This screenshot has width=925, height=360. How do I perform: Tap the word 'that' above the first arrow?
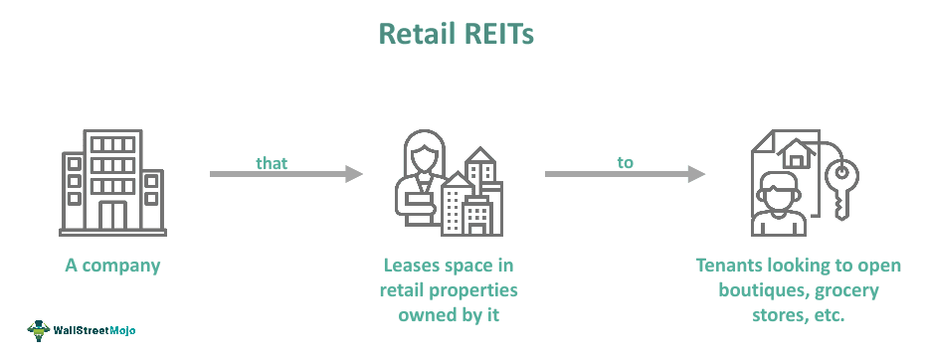click(x=272, y=162)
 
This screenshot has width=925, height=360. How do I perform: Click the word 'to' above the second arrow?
click(x=625, y=162)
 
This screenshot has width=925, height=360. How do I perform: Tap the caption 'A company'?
click(x=111, y=266)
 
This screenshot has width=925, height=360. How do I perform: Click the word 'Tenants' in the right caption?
click(x=729, y=266)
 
